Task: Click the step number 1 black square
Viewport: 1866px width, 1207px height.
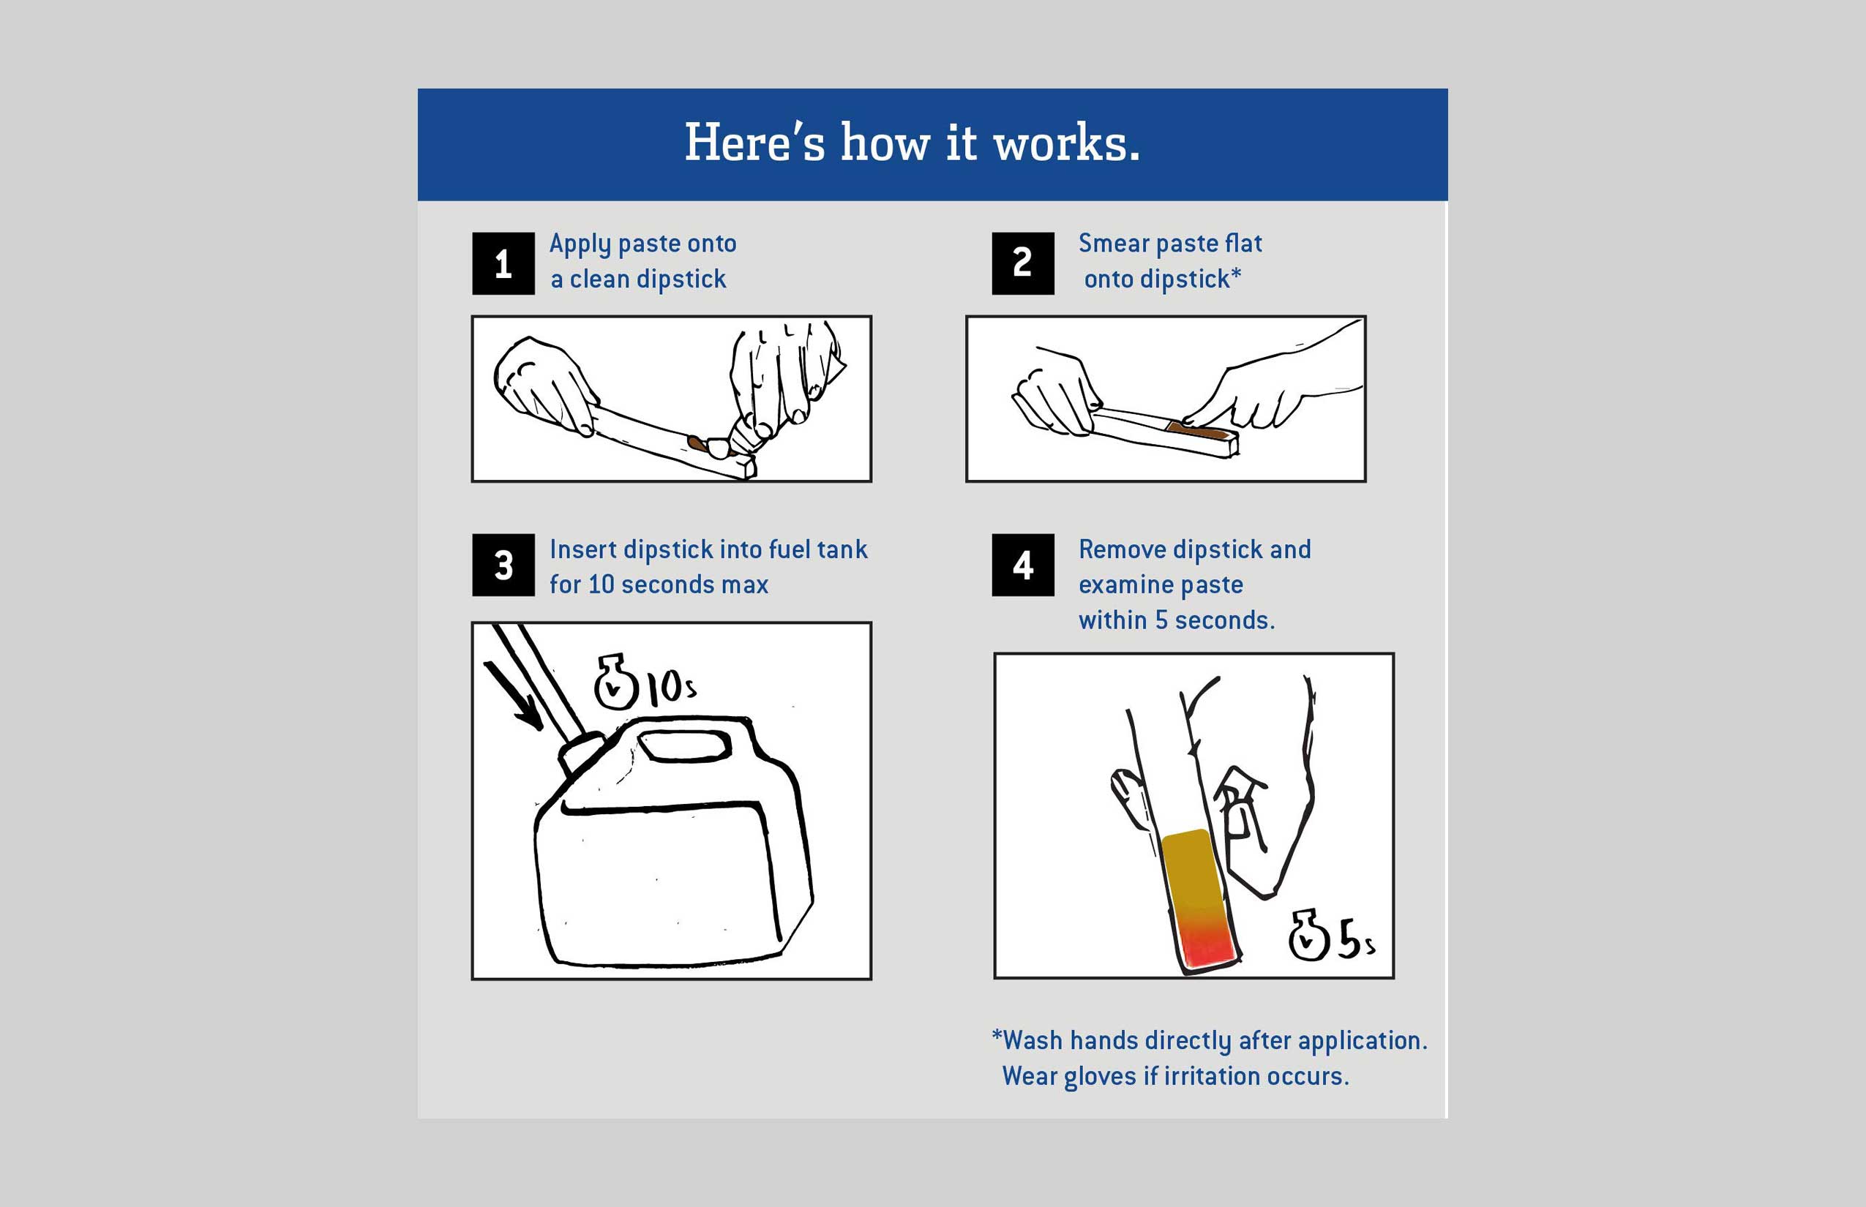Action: (x=503, y=263)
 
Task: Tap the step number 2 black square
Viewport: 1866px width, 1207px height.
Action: (x=1022, y=263)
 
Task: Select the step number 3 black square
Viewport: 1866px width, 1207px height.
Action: (x=503, y=565)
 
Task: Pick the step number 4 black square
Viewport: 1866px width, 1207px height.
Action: (x=1022, y=565)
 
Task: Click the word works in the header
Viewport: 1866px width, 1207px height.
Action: (x=1066, y=144)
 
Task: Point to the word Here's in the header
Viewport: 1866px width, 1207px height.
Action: (x=754, y=144)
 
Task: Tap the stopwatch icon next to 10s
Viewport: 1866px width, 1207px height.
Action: (x=615, y=683)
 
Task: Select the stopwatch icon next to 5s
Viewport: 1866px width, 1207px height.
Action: (x=1308, y=936)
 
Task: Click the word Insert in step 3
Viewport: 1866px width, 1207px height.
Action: (x=582, y=549)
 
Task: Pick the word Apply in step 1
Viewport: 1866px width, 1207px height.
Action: (x=580, y=244)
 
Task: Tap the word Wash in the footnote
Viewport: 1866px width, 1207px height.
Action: (x=1033, y=1041)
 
